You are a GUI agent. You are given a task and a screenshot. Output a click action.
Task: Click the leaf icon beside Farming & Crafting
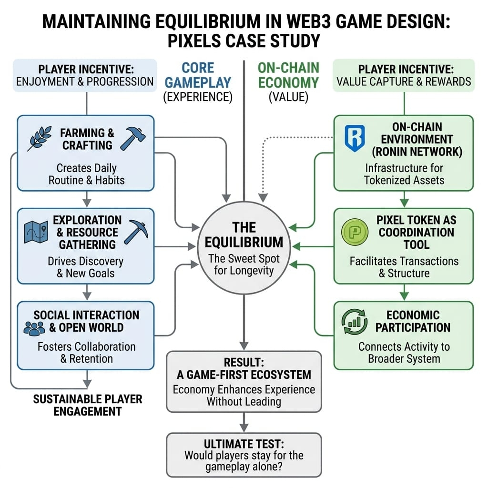coord(40,139)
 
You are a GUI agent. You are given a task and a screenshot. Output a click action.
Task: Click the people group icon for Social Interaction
coord(34,327)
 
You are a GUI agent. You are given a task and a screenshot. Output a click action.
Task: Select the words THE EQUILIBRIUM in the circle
coord(244,234)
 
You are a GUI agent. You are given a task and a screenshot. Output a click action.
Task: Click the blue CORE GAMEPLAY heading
coord(197,75)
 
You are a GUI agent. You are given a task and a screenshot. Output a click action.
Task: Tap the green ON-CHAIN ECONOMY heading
coord(288,75)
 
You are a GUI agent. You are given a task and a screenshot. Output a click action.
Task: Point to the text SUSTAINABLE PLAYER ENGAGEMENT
coord(88,405)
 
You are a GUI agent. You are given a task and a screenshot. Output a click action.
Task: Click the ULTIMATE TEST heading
coord(244,443)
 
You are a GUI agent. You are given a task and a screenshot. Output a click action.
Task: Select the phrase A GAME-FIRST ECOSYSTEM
coord(244,375)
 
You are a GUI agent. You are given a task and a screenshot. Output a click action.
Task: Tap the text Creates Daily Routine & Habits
coord(87,174)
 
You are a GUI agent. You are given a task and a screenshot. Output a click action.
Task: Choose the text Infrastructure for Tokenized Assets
coord(404,174)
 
